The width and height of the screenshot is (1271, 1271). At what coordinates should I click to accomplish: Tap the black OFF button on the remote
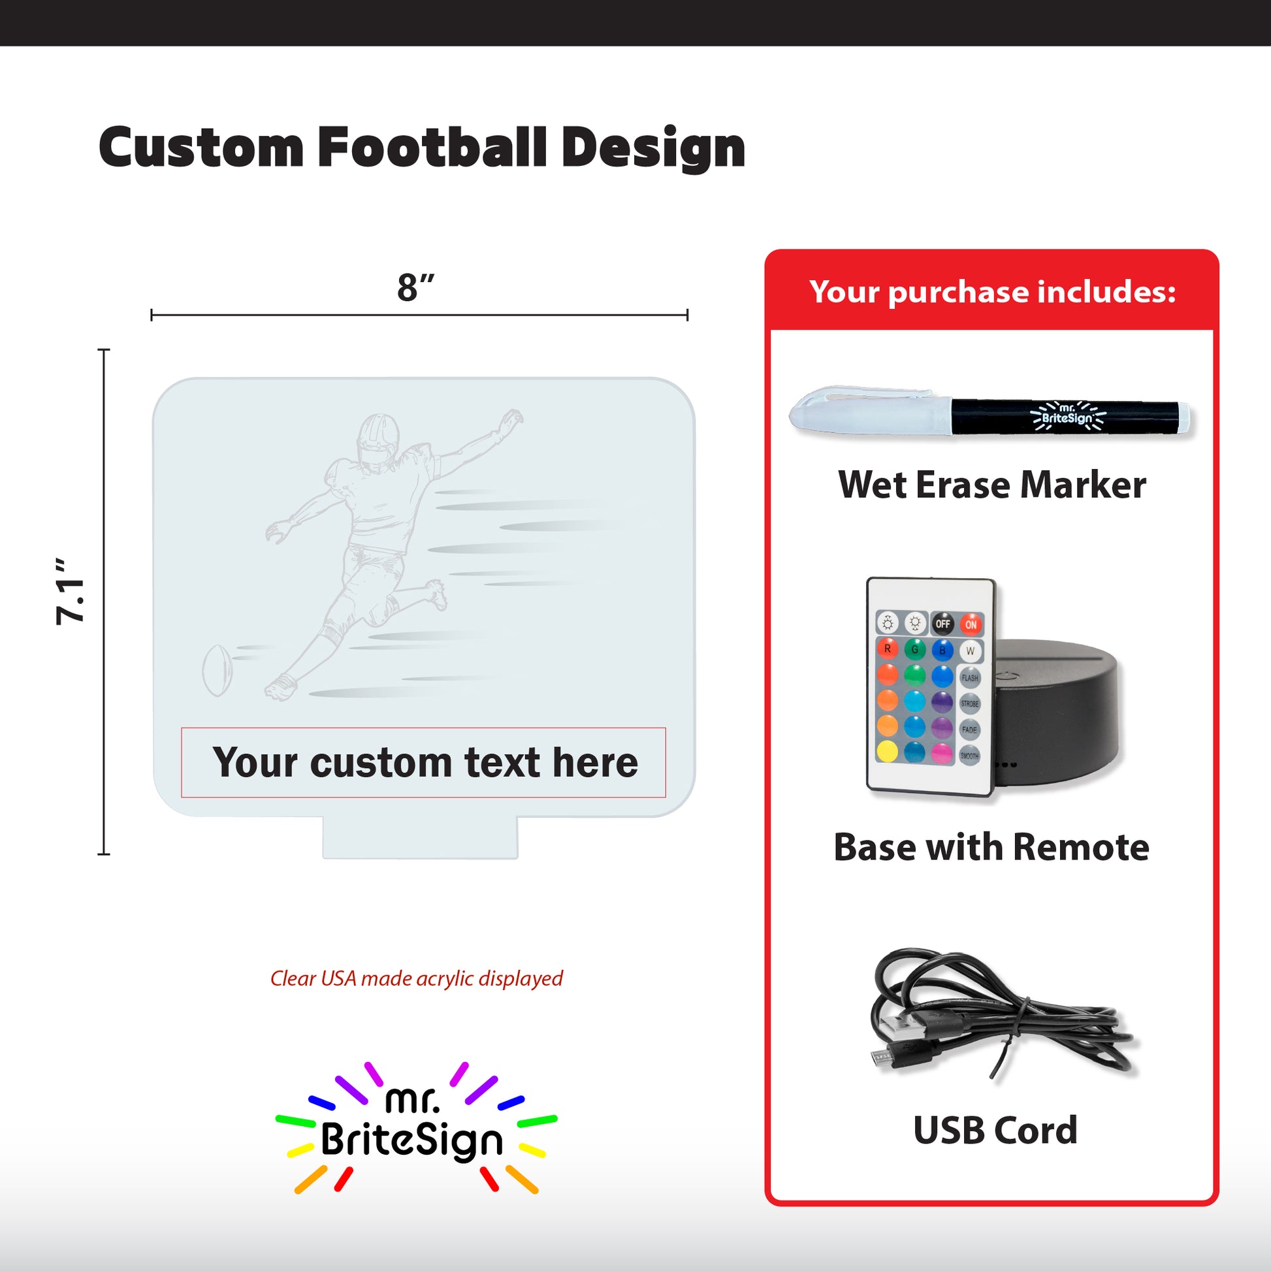(942, 624)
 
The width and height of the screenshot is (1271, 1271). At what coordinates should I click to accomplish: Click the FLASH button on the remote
(970, 677)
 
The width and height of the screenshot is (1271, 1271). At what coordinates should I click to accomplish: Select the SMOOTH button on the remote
(969, 755)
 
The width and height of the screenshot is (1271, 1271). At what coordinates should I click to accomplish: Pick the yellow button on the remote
(888, 750)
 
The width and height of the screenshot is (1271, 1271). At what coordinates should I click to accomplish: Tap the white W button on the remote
(970, 651)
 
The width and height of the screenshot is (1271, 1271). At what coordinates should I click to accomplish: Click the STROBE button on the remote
(970, 703)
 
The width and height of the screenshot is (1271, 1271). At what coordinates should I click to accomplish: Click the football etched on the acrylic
(217, 670)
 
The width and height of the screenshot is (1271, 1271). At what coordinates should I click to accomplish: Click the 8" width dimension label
(416, 287)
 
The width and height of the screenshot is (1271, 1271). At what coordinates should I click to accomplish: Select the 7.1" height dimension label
(70, 592)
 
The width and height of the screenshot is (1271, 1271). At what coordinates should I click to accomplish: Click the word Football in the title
(432, 148)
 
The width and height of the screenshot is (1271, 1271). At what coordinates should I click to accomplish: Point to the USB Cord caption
(995, 1130)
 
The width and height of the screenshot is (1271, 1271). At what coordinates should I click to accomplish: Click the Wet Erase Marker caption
(992, 485)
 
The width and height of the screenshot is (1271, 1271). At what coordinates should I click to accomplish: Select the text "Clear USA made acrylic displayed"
(417, 979)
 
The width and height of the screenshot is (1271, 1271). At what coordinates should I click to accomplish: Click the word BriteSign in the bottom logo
(412, 1141)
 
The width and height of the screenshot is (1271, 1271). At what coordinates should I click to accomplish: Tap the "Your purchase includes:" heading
(992, 291)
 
